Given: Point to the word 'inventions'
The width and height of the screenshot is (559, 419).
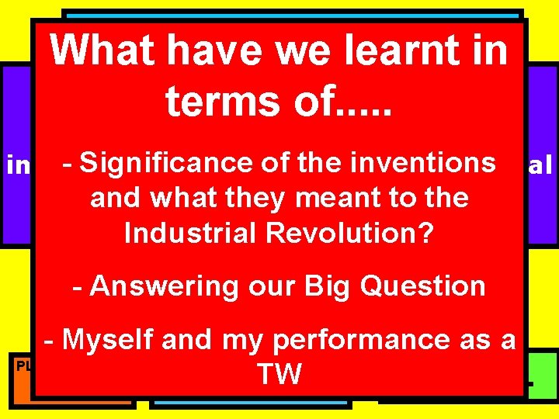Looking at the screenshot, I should point(423,163).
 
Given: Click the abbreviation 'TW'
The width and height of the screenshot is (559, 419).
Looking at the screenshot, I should point(279,375).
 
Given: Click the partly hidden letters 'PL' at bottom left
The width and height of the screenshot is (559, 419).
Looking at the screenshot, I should point(24,365).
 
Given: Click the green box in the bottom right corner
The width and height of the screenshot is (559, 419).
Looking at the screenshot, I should point(543,376).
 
